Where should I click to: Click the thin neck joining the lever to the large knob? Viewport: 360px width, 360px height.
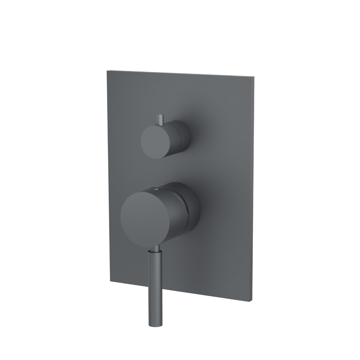(154, 249)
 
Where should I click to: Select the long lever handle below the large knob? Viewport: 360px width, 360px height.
(153, 284)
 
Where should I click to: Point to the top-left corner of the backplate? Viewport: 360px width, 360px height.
(107, 71)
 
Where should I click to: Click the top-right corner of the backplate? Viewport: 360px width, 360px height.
(254, 76)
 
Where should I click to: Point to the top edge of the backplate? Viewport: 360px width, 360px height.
(180, 73)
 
